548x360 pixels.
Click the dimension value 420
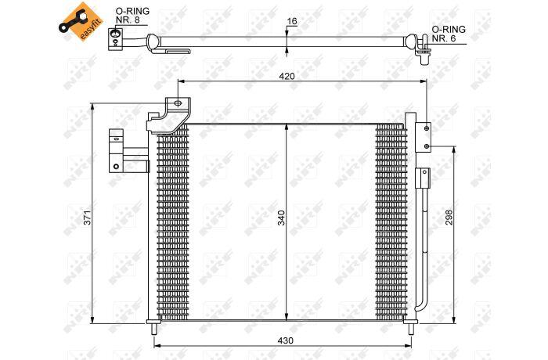point(287,76)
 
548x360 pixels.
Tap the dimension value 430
point(286,340)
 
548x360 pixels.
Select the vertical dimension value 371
point(88,218)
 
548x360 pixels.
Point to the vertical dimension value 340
point(282,218)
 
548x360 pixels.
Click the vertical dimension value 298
point(449,218)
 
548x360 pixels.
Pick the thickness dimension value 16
point(292,21)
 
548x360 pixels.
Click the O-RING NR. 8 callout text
point(132,16)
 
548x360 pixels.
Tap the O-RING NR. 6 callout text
point(449,34)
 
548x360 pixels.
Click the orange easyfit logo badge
point(81,22)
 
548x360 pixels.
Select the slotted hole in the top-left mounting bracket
point(178,103)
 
